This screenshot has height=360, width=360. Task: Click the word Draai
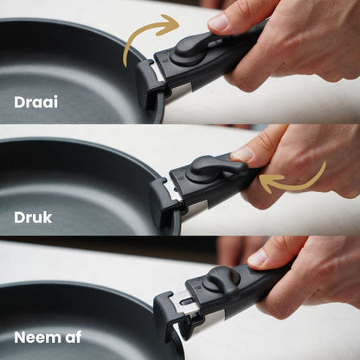[x=35, y=101]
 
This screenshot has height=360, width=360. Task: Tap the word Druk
[x=33, y=217]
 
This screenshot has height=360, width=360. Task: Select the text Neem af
[x=48, y=337]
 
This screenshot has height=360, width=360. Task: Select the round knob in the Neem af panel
[x=222, y=280]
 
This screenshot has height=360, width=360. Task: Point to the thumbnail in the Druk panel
[x=244, y=153]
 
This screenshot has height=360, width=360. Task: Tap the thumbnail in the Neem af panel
[x=258, y=258]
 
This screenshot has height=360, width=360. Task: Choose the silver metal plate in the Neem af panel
[x=197, y=322]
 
